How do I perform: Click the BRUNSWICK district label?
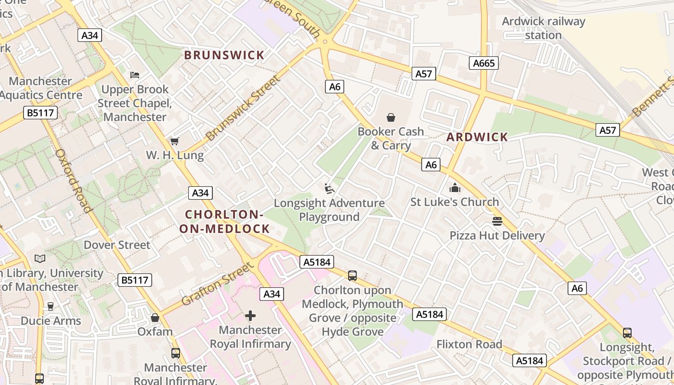point(224,55)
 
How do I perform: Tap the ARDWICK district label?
point(477,137)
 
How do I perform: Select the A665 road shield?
point(483,63)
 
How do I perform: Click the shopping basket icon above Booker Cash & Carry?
point(391,117)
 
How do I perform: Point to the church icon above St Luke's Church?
point(454,188)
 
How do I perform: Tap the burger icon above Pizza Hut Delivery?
point(497,221)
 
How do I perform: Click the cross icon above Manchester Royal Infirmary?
point(250,316)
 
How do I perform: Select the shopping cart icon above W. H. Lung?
point(175,141)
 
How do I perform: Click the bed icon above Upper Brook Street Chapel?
point(135,75)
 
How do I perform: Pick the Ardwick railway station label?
point(544,28)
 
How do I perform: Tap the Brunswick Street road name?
point(242,108)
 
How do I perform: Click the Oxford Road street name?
point(73,180)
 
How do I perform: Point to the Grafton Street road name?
point(217,284)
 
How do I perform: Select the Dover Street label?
point(117,245)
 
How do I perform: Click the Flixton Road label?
point(469,344)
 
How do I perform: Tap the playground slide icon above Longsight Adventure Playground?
point(329,189)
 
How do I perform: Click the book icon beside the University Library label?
point(40,259)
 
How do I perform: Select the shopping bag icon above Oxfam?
point(155,318)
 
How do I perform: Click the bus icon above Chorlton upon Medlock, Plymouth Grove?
point(352,276)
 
